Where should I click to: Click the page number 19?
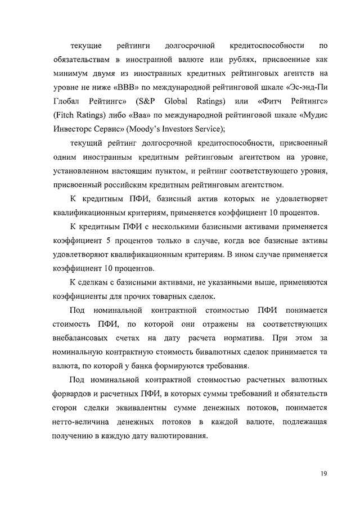coord(324,473)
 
